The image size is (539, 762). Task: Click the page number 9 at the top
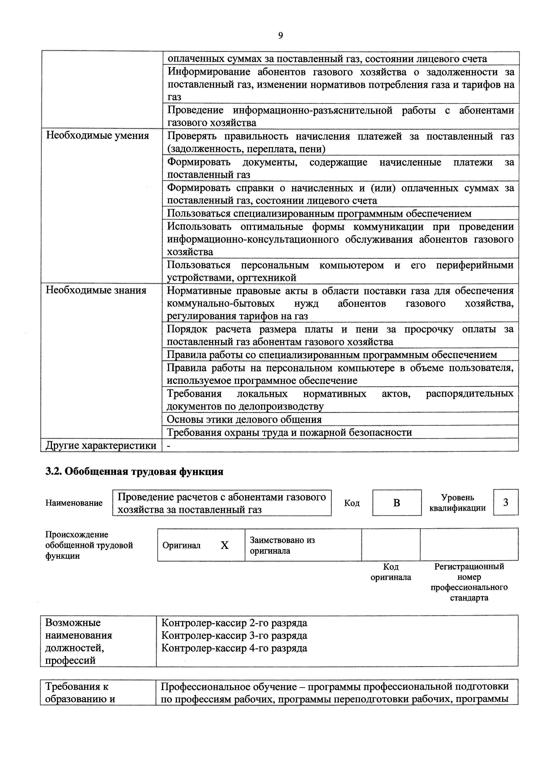pos(280,35)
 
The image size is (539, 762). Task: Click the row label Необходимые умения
pos(97,136)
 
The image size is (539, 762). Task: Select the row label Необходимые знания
pos(96,290)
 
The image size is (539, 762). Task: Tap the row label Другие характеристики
pos(101,445)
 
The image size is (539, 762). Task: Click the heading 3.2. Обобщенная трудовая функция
pos(134,472)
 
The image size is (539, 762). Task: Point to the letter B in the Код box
pos(396,503)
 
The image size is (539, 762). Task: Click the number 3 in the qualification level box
pos(506,502)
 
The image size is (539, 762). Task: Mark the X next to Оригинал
pos(225,545)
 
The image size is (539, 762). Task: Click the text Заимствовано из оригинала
pos(282,545)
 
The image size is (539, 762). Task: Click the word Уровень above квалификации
pos(457,497)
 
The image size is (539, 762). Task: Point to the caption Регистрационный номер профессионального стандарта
pos(469,582)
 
